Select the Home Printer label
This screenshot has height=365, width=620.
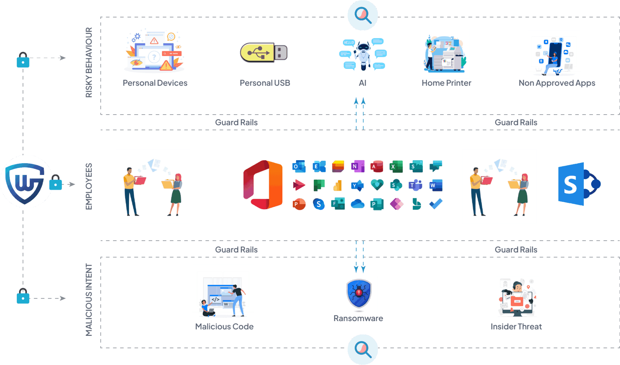[x=446, y=83]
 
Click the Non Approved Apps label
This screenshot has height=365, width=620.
[x=557, y=83]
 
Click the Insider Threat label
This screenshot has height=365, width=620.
[x=516, y=326]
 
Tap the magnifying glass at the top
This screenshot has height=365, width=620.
[x=363, y=15]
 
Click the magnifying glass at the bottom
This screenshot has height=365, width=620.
[x=363, y=349]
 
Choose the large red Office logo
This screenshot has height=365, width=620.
[x=263, y=185]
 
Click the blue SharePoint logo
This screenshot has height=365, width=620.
[x=579, y=184]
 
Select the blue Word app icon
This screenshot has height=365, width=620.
[x=436, y=185]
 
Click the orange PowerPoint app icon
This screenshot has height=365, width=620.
[x=299, y=204]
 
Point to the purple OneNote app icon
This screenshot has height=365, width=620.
[x=357, y=166]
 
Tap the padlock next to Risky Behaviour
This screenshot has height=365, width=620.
[x=23, y=60]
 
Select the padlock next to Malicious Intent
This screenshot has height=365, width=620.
[x=23, y=296]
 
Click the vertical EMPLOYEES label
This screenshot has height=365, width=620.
[x=89, y=186]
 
